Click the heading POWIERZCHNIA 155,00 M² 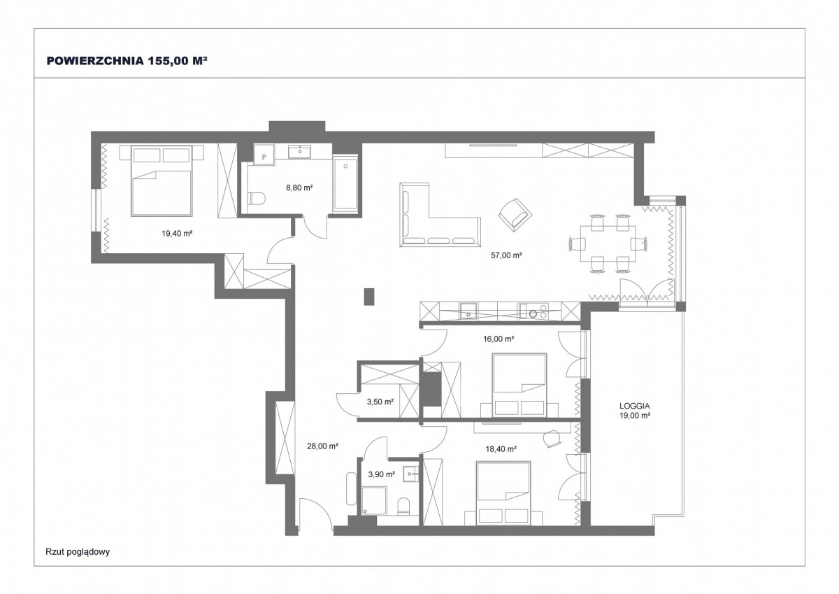(127, 61)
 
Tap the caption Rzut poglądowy (78, 552)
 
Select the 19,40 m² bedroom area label (177, 234)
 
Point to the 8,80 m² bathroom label (299, 188)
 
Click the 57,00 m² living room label (506, 255)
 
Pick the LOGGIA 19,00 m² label (635, 411)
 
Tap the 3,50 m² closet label (380, 402)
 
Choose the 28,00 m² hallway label (322, 446)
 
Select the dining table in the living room (608, 243)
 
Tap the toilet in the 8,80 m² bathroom (257, 198)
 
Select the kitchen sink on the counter (468, 311)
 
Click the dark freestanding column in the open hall (369, 297)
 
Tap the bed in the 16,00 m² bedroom (519, 385)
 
